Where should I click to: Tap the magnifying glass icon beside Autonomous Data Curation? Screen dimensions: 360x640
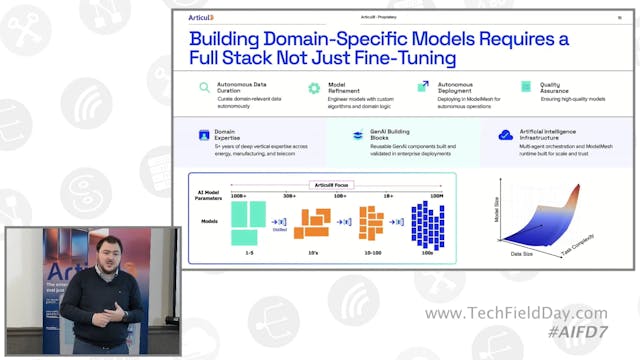click(x=205, y=88)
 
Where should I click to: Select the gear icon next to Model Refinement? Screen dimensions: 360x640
click(x=313, y=88)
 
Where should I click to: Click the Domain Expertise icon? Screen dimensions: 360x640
click(x=204, y=133)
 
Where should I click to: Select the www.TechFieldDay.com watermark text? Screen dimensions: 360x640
click(x=514, y=314)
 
